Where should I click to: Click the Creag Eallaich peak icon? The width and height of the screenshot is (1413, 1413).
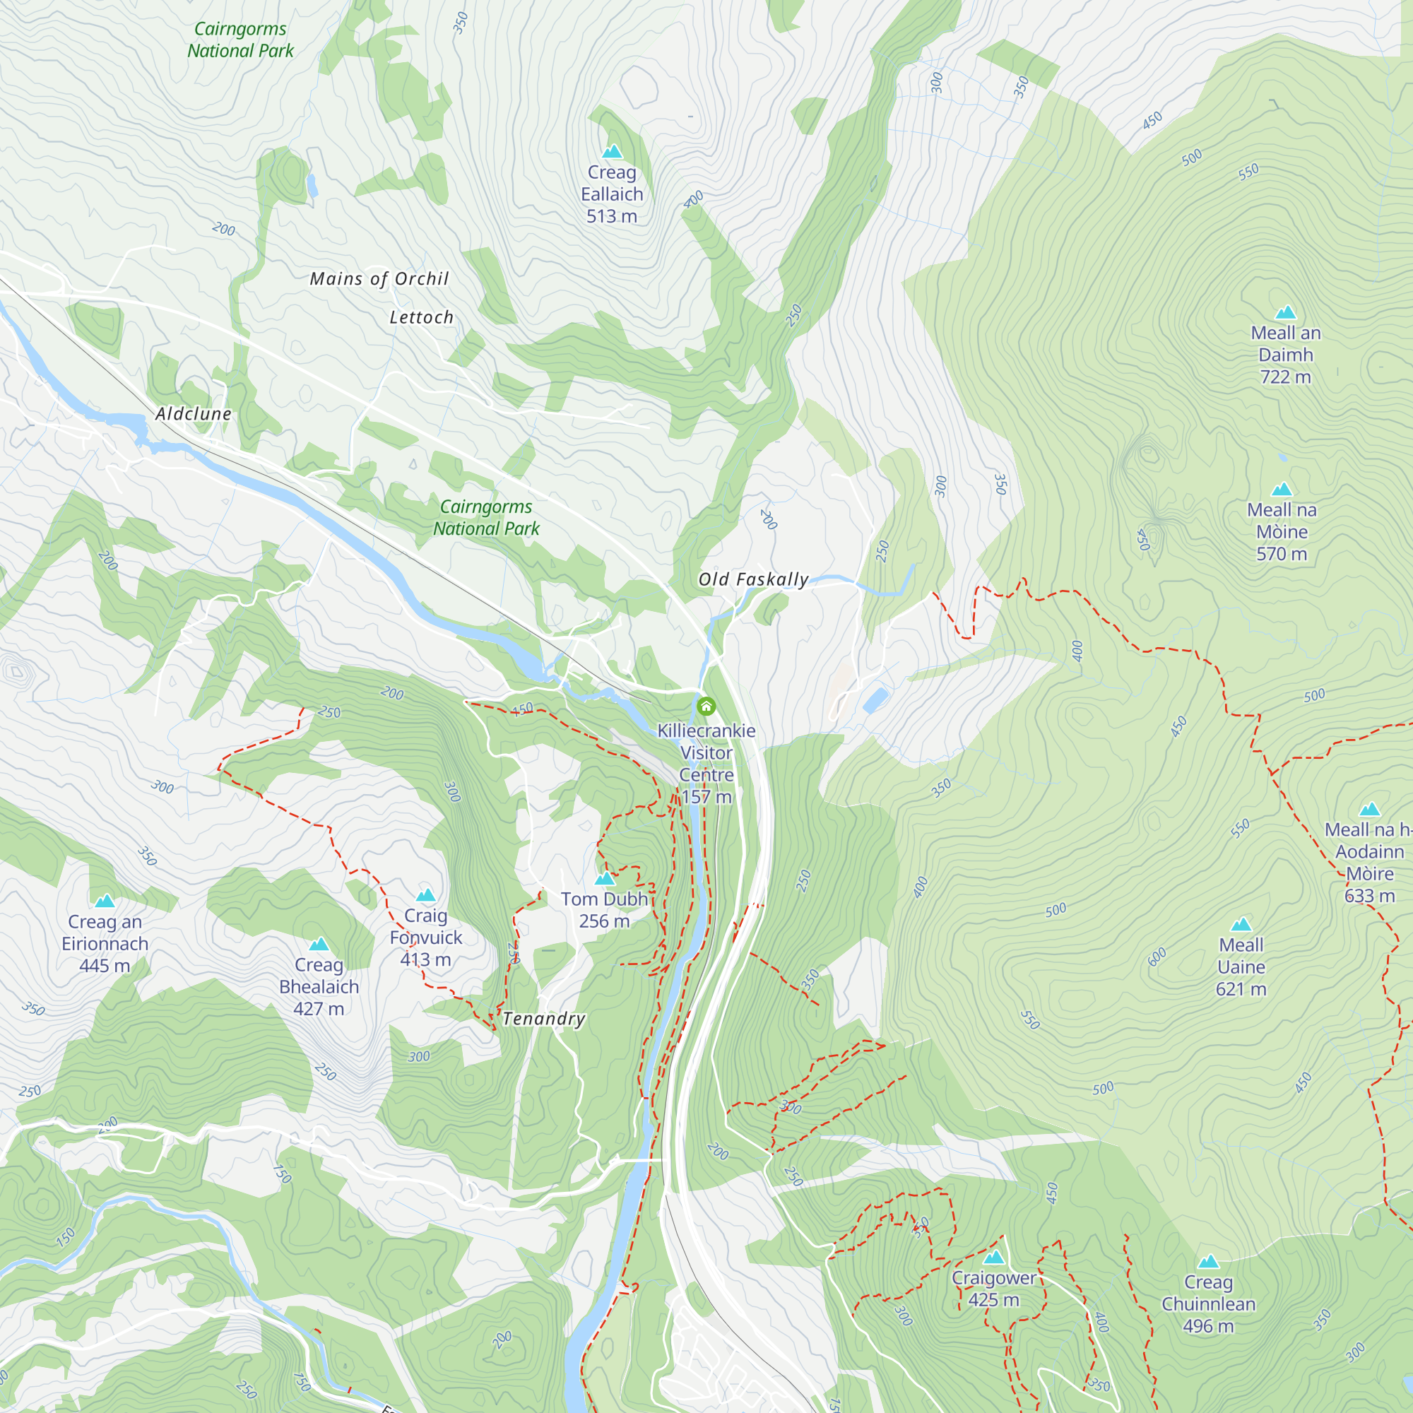point(612,151)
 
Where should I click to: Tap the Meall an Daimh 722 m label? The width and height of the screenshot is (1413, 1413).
point(1285,355)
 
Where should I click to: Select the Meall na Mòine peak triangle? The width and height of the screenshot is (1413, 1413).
point(1282,490)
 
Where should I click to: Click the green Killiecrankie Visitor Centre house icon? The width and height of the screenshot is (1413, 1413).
point(706,706)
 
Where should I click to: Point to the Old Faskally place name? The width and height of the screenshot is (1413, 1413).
point(753,580)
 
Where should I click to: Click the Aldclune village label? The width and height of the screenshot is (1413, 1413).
point(194,414)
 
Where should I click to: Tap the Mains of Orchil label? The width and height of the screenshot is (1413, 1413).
point(379,278)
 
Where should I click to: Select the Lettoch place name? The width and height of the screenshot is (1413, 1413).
point(421,317)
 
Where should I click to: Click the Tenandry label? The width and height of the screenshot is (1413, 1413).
point(544,1019)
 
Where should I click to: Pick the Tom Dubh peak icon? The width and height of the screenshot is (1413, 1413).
point(605,878)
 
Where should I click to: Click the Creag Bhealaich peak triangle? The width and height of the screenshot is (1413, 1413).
point(319,944)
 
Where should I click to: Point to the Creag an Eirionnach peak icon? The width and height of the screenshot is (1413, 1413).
point(105,901)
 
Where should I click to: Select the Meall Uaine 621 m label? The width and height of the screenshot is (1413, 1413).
point(1241,967)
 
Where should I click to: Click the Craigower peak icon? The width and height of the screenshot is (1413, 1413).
point(993,1258)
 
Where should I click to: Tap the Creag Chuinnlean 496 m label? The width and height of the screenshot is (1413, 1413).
point(1208,1303)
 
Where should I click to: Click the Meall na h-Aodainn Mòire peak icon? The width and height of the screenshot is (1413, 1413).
point(1369,809)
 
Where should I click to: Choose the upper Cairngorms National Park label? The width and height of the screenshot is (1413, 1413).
point(240,40)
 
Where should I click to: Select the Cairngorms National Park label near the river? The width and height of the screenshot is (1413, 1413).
point(486,517)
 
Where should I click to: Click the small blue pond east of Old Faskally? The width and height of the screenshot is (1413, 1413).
point(875,700)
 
